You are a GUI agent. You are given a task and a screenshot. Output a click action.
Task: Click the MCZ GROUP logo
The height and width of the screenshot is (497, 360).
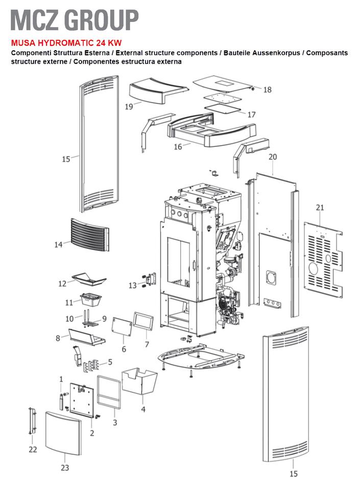(75, 20)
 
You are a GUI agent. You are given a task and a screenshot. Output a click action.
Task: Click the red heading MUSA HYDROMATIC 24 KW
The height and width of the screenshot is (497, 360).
(66, 43)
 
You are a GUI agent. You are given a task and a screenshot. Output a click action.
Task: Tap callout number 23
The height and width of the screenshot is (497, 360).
(65, 467)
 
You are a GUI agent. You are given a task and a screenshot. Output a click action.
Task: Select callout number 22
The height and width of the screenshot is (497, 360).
(33, 449)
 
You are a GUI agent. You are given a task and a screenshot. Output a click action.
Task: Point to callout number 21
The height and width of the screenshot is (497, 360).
(320, 207)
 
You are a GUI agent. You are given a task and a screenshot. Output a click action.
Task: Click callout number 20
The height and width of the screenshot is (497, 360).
(273, 157)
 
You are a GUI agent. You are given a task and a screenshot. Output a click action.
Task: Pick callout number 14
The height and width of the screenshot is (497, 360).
(59, 244)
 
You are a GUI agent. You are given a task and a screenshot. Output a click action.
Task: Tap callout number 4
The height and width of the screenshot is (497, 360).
(143, 409)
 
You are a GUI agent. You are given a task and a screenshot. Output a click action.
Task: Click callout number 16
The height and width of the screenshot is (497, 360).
(178, 147)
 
